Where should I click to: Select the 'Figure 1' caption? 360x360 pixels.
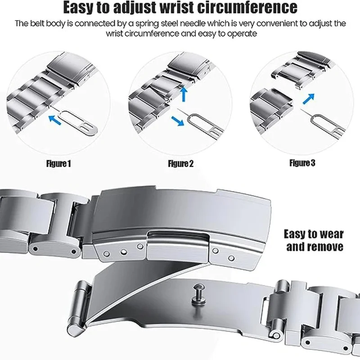(58, 163)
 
